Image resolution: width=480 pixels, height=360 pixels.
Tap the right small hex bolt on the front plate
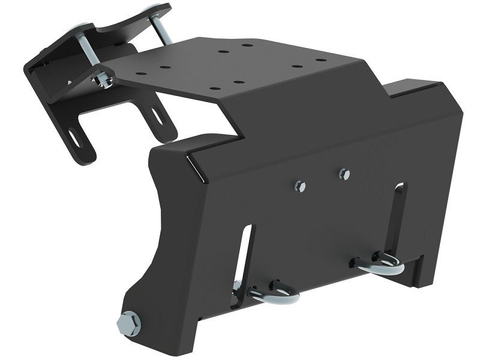[x=343, y=173]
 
